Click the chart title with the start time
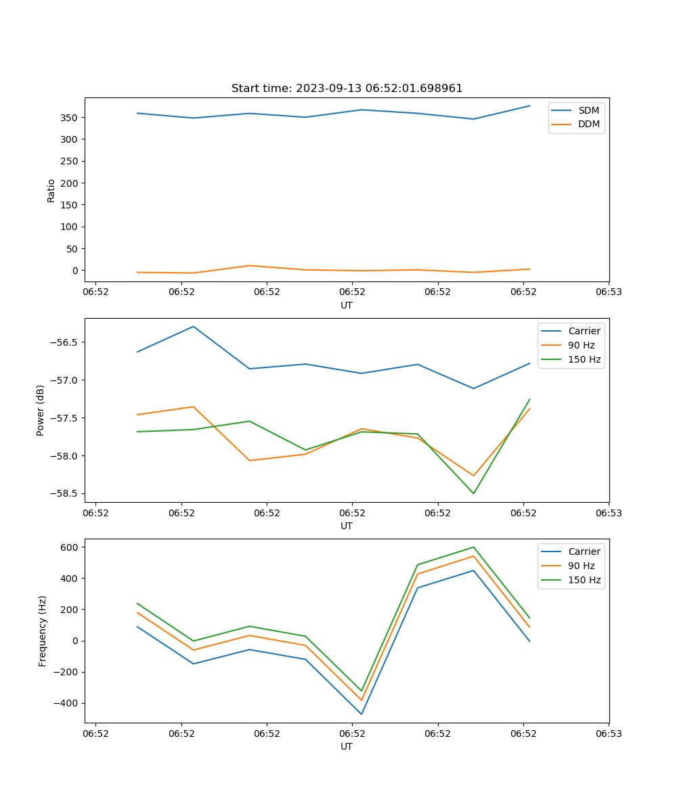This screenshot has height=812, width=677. tap(347, 89)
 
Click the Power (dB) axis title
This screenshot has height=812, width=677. tap(41, 410)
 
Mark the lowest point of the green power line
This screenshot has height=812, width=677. tap(473, 493)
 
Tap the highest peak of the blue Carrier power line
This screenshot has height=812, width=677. tap(194, 326)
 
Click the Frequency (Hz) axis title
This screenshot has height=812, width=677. tap(42, 631)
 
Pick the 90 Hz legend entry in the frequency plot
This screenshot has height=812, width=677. tap(581, 566)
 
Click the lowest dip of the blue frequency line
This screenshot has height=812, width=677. tap(362, 714)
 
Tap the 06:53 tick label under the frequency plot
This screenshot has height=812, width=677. tap(609, 733)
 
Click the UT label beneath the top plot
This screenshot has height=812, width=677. tap(347, 305)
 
